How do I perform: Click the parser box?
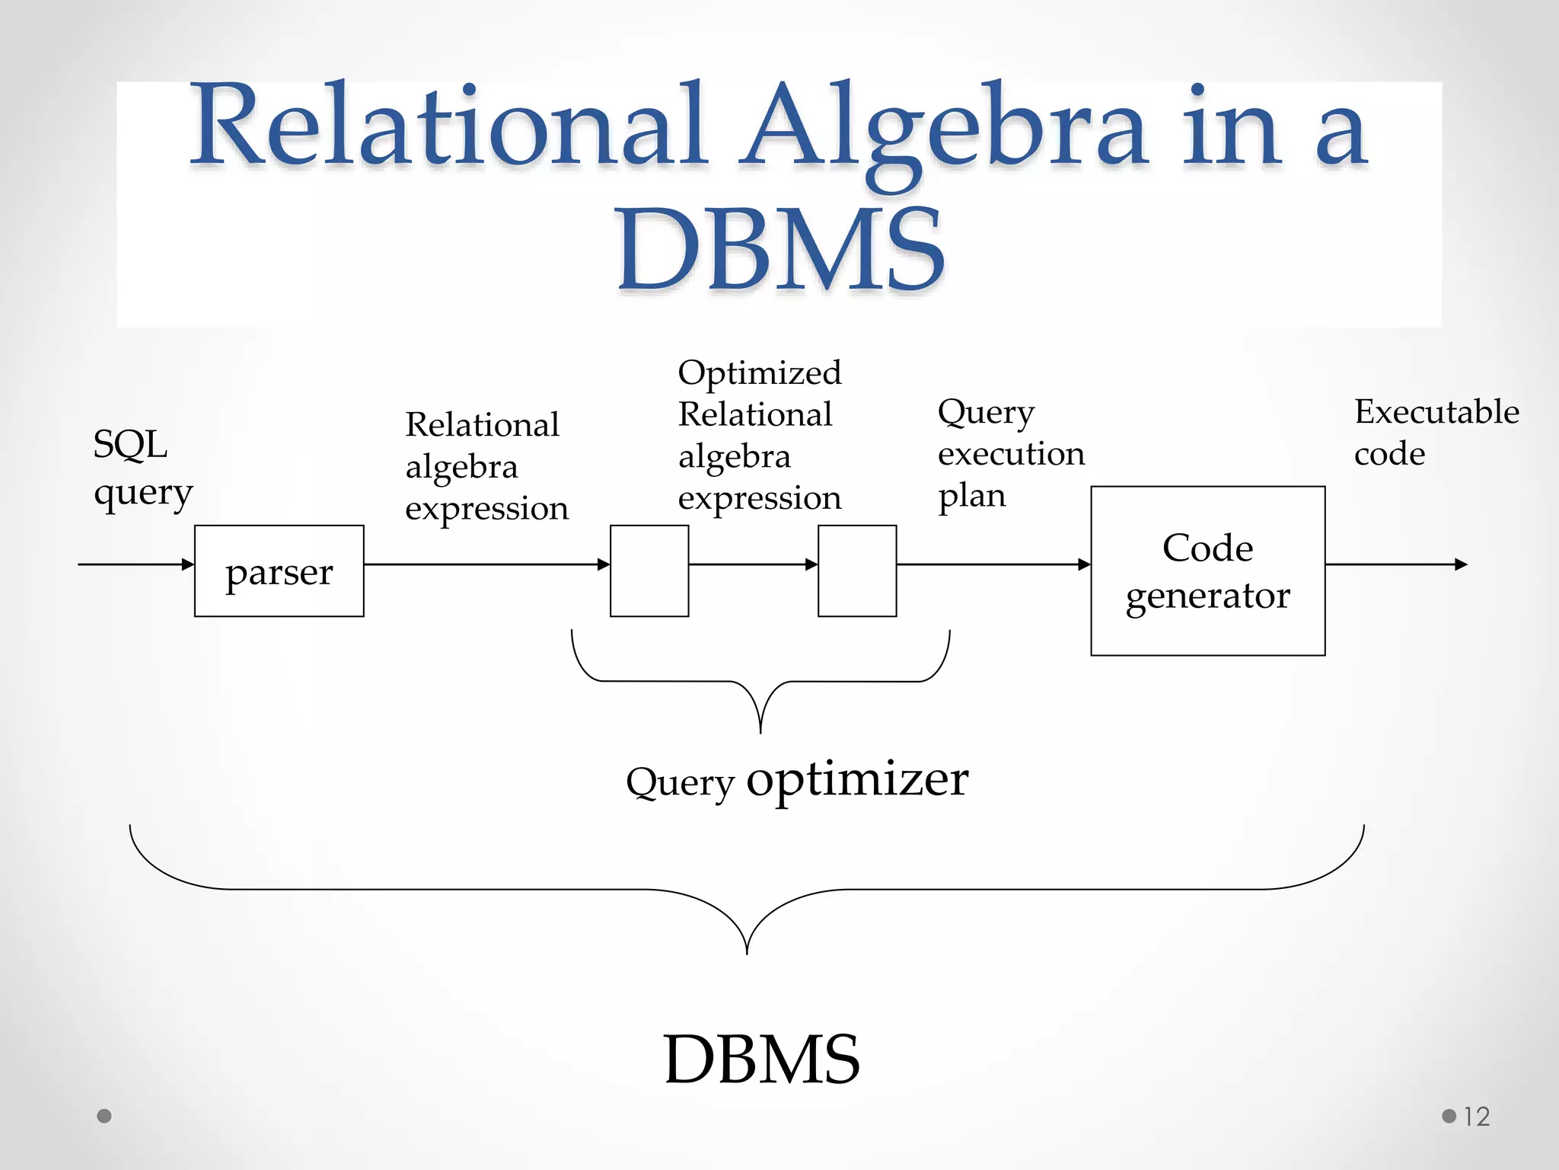[x=279, y=571]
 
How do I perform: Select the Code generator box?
[x=1207, y=571]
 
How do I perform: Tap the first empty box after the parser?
[x=649, y=571]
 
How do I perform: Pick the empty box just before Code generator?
[x=857, y=571]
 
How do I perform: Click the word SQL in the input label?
[x=130, y=444]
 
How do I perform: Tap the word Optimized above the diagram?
[x=759, y=372]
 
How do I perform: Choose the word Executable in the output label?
[x=1436, y=412]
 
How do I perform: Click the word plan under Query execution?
[x=971, y=496]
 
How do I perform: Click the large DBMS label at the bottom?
[x=761, y=1060]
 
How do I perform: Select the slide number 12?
[x=1476, y=1117]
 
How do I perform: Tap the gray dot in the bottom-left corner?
[x=104, y=1116]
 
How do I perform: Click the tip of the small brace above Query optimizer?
[x=760, y=731]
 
